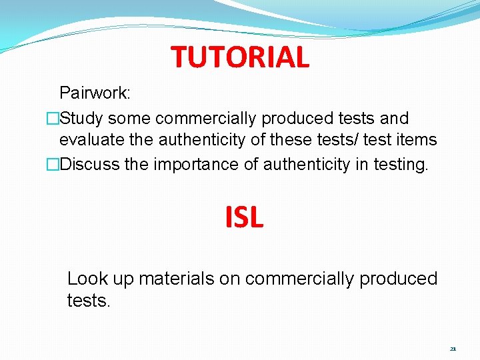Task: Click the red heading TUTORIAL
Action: coord(240,57)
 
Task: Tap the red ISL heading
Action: coord(244,217)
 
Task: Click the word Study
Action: coord(81,119)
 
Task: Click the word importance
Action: coord(187,164)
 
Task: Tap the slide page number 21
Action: coord(453,349)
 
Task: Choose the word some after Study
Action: coord(129,119)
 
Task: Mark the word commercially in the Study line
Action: coord(206,119)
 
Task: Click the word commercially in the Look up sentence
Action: coord(300,279)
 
